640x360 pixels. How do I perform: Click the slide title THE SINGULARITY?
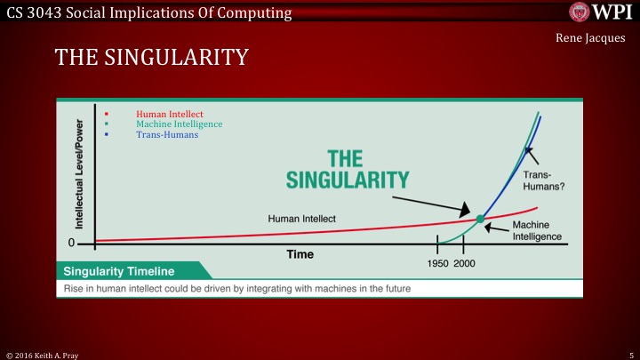[150, 59]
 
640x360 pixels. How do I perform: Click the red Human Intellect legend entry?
[170, 114]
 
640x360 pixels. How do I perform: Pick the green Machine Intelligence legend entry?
[179, 124]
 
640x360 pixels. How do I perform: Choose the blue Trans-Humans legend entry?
[167, 135]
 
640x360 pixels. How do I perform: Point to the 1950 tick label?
[436, 263]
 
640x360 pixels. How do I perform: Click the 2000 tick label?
[464, 263]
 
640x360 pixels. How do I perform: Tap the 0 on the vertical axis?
[72, 242]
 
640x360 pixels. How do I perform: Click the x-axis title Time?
[300, 254]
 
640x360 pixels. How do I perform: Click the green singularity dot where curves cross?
[481, 218]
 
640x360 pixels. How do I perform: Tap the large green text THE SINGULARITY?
[347, 169]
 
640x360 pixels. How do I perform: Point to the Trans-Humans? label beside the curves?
[544, 181]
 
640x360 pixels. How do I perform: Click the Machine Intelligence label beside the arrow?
[537, 230]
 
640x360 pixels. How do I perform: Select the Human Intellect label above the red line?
[302, 218]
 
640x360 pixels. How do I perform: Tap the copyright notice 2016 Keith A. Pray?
[44, 353]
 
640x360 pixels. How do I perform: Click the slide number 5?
[629, 353]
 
